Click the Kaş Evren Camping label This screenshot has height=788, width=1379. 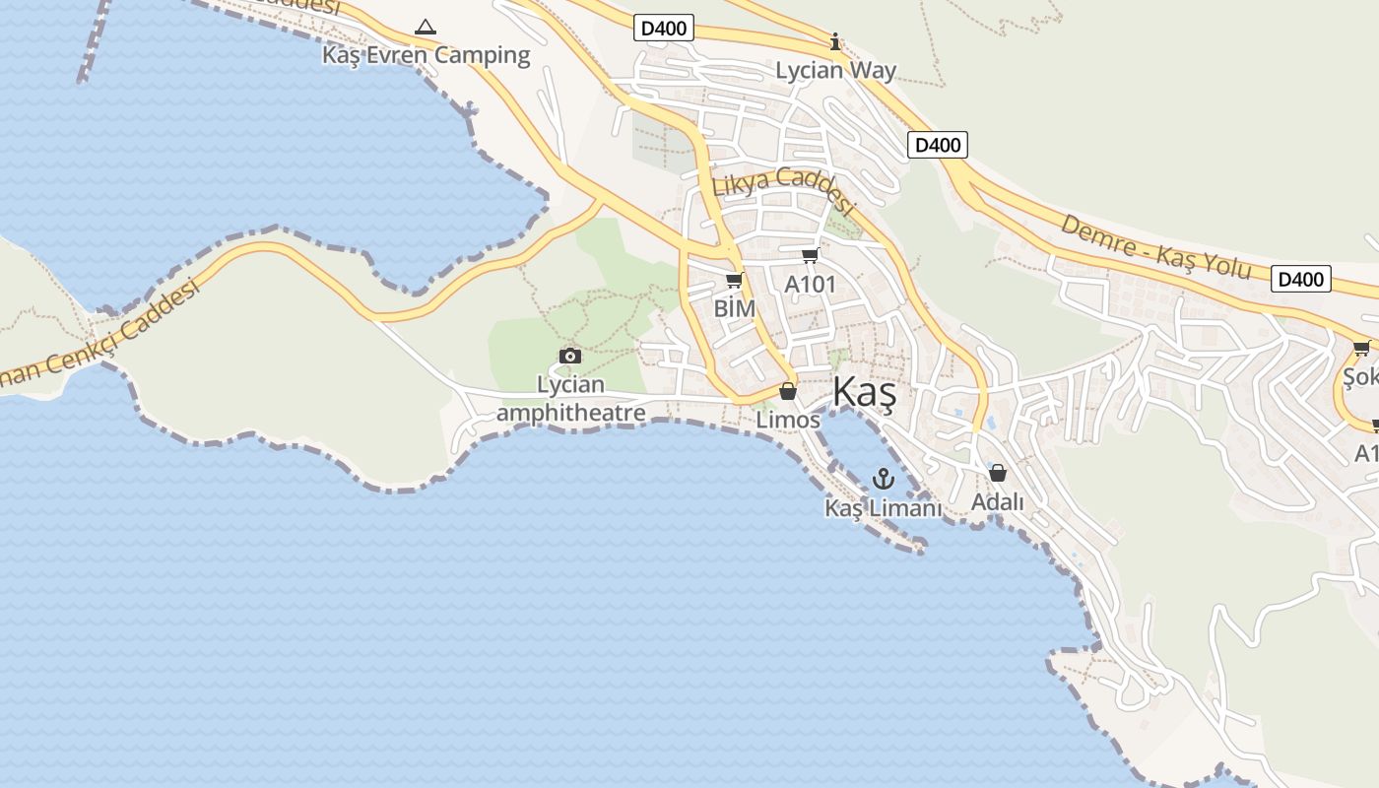(x=426, y=55)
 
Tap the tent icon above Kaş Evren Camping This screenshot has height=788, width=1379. (x=426, y=27)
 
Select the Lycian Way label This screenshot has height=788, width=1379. (x=835, y=70)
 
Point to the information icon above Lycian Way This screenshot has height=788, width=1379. (x=835, y=41)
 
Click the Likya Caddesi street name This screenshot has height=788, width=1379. (x=782, y=189)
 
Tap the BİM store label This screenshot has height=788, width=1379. (x=735, y=308)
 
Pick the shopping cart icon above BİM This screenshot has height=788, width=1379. (x=734, y=281)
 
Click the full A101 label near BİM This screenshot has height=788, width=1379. (x=810, y=285)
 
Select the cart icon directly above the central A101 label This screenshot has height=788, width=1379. (x=810, y=256)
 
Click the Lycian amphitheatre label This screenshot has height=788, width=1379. (x=570, y=398)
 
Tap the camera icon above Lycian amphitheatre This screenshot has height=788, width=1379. (x=569, y=356)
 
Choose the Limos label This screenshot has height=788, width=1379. (x=788, y=420)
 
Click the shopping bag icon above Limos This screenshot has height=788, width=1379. (x=787, y=391)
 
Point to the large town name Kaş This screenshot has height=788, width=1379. (x=864, y=392)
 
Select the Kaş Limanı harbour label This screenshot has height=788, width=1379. (x=884, y=508)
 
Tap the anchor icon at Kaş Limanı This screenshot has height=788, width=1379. (x=884, y=480)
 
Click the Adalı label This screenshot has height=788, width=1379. (x=998, y=501)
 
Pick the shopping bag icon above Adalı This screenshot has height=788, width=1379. (x=997, y=473)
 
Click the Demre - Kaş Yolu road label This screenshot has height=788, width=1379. (x=1154, y=247)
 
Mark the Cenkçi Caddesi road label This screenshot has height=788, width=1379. (x=98, y=335)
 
